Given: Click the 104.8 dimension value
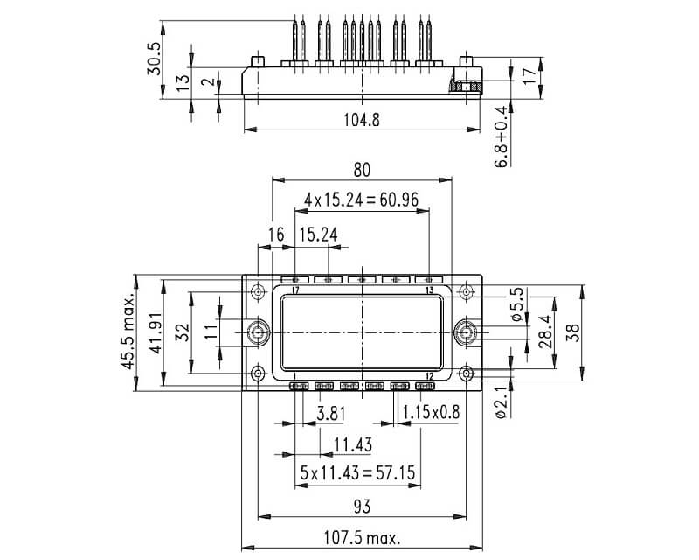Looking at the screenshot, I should click(363, 120).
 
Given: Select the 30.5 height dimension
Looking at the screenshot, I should click(154, 59).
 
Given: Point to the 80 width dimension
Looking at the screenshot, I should click(363, 169).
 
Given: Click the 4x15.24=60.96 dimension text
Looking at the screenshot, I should click(362, 199).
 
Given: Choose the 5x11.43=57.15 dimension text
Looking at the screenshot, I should click(357, 473).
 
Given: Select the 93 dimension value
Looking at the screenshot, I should click(363, 505).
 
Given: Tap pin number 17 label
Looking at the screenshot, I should click(296, 290).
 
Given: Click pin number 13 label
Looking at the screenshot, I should click(428, 290).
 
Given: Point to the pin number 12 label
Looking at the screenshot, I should click(428, 376).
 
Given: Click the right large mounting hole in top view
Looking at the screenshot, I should click(466, 332).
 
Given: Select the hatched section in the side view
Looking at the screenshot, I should click(464, 87).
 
